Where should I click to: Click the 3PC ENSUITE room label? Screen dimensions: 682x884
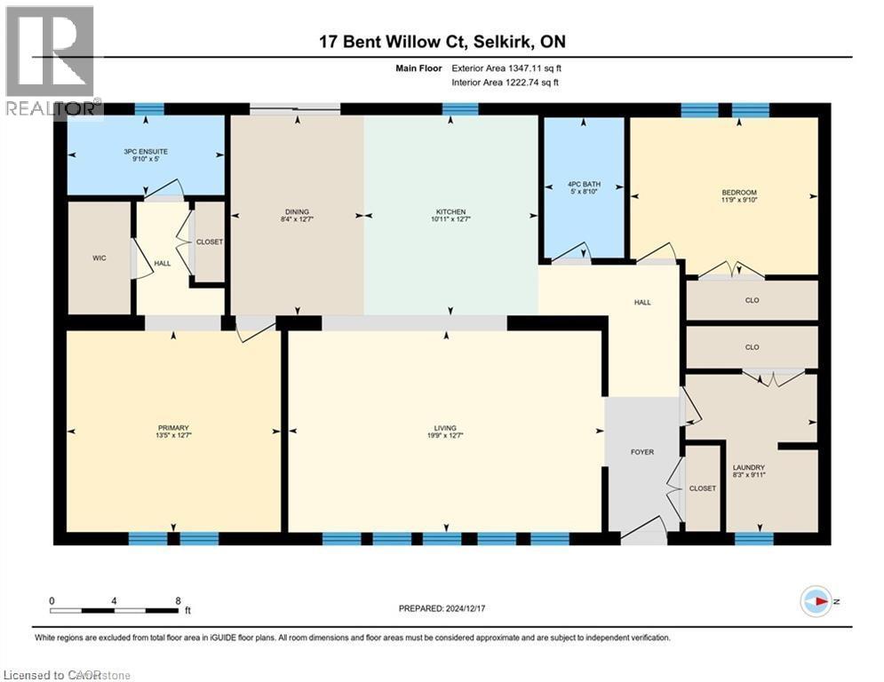point(146,152)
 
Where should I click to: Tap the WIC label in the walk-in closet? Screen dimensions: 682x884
point(99,258)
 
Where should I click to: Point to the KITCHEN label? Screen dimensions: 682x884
point(450,212)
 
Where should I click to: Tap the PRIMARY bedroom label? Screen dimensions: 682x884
point(174,428)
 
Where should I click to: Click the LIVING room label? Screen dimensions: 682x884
point(444,428)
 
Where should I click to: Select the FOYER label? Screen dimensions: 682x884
point(641,452)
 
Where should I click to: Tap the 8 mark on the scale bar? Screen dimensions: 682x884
point(178,600)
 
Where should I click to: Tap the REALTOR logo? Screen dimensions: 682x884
point(50,62)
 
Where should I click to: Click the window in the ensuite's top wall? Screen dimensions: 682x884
point(149,109)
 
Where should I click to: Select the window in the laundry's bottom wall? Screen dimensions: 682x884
point(753,538)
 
